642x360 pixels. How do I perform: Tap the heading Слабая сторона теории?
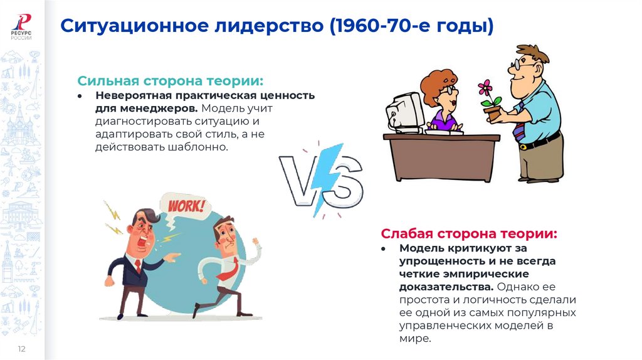tap(469, 234)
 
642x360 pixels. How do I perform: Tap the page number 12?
tap(21, 349)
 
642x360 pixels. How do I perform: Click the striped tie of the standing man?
tap(520, 129)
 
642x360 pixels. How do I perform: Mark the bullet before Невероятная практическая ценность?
tap(80, 96)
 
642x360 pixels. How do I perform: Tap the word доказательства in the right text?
tap(439, 287)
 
